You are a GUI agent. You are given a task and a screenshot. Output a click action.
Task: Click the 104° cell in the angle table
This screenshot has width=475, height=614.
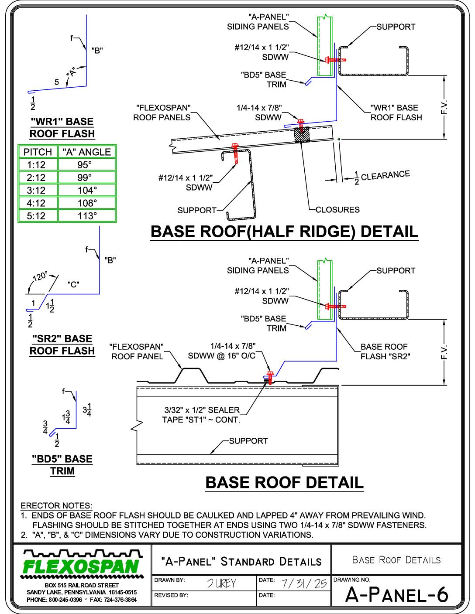87,190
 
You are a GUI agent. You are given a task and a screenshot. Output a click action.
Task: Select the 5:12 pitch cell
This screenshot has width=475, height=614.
38,216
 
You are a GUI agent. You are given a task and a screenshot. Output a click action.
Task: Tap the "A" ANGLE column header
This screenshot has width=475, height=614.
87,152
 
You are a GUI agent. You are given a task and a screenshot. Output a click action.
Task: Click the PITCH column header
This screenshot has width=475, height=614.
38,152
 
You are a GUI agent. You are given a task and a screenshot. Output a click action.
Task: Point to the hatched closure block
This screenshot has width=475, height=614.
302,135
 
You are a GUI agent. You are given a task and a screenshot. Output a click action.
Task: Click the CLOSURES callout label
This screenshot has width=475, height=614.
337,209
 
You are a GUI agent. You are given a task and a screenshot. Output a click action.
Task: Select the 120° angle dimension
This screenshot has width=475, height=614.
40,276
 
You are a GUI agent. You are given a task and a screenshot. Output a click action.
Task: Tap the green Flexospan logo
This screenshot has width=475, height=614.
81,564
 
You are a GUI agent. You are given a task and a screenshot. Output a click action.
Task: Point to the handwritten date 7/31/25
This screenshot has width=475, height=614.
304,583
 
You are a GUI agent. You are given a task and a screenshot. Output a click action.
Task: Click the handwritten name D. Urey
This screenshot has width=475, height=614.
221,583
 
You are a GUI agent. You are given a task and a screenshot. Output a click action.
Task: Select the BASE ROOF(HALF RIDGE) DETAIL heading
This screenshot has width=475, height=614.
284,232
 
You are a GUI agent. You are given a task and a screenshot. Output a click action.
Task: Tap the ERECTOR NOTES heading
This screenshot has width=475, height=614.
57,505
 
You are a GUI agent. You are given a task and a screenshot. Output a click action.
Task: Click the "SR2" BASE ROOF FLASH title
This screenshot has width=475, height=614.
62,345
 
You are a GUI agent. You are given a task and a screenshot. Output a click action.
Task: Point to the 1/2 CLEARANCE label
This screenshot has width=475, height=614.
382,177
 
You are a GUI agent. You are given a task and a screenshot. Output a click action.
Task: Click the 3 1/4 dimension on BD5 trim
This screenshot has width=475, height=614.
87,410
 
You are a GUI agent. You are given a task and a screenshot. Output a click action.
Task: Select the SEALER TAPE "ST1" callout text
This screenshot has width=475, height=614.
202,415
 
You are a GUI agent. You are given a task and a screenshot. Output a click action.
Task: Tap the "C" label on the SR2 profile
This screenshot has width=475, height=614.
73,284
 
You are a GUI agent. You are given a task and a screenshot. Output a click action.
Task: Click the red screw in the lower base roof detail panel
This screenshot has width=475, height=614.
270,378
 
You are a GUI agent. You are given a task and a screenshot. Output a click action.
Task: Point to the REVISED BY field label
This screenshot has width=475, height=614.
171,595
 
